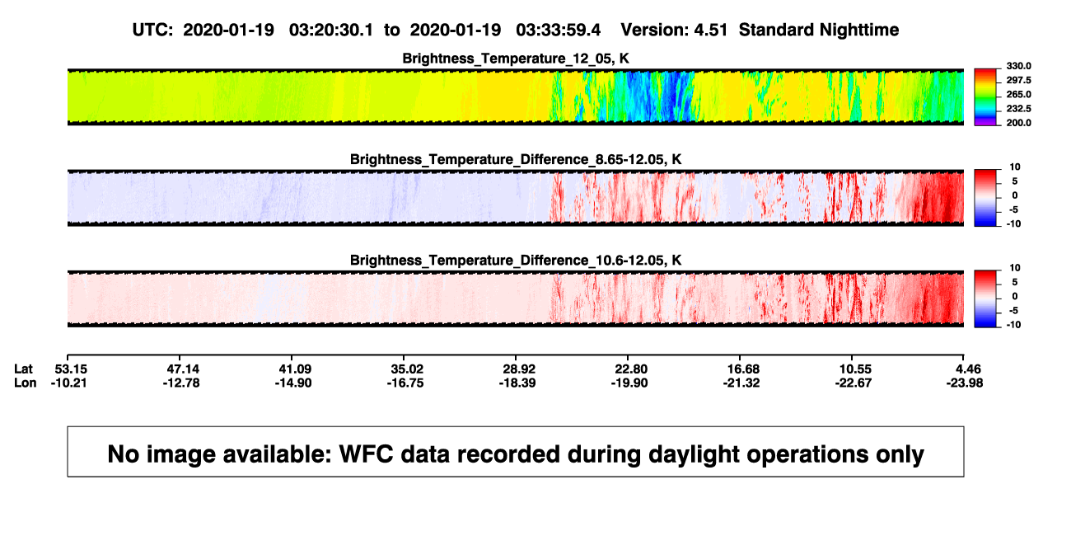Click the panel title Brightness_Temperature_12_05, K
tap(516, 59)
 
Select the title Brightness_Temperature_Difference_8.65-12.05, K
tap(516, 159)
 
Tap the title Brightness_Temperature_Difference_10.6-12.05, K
tap(516, 261)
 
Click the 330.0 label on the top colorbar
tap(1018, 66)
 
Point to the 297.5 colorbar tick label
tap(1018, 81)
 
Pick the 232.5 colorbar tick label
tap(1018, 109)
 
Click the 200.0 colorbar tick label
tap(1018, 123)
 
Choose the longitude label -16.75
tap(405, 383)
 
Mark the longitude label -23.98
tap(965, 383)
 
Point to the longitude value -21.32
tap(741, 383)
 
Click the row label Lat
tap(23, 369)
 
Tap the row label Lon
tap(25, 383)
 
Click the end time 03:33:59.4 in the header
tap(558, 31)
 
